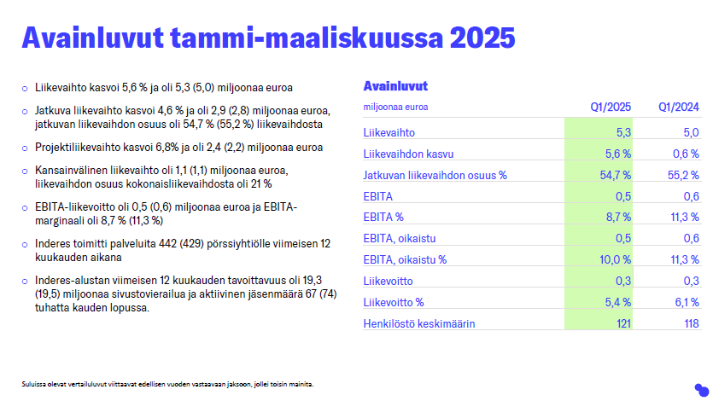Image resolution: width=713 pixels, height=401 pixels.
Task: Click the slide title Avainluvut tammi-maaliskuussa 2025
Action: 268,38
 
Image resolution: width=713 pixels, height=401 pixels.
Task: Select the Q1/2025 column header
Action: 611,108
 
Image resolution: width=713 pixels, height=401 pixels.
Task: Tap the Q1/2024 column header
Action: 678,108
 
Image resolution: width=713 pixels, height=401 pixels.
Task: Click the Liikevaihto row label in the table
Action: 389,132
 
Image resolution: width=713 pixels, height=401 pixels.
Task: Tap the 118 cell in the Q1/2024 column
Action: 689,323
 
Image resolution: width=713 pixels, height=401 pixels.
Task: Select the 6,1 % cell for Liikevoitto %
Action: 684,302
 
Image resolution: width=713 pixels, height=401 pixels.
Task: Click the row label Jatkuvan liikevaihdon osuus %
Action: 435,175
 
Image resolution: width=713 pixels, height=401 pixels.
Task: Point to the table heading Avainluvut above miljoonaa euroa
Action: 395,86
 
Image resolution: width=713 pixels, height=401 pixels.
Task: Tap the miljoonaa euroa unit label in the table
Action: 395,108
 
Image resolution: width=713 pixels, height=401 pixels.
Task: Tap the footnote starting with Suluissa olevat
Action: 168,384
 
